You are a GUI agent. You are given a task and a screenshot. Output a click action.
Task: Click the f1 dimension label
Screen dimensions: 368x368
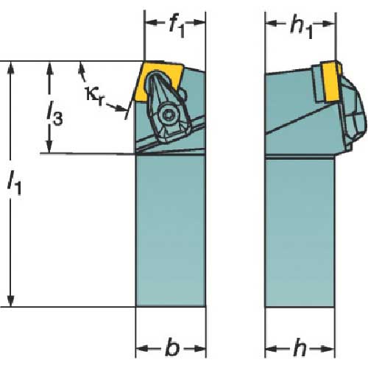(x=177, y=27)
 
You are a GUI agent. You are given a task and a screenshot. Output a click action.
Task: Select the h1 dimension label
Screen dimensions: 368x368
(x=301, y=28)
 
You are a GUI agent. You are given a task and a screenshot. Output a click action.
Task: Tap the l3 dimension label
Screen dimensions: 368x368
(x=55, y=113)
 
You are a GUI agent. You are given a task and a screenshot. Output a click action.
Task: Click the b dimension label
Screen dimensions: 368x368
(x=172, y=347)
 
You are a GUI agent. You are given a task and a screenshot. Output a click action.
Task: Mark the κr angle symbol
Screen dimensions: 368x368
(x=94, y=96)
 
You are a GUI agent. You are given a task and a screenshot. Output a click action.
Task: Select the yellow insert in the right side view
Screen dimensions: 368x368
(x=332, y=82)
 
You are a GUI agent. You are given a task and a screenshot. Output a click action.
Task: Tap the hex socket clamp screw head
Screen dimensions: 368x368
(x=169, y=115)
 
